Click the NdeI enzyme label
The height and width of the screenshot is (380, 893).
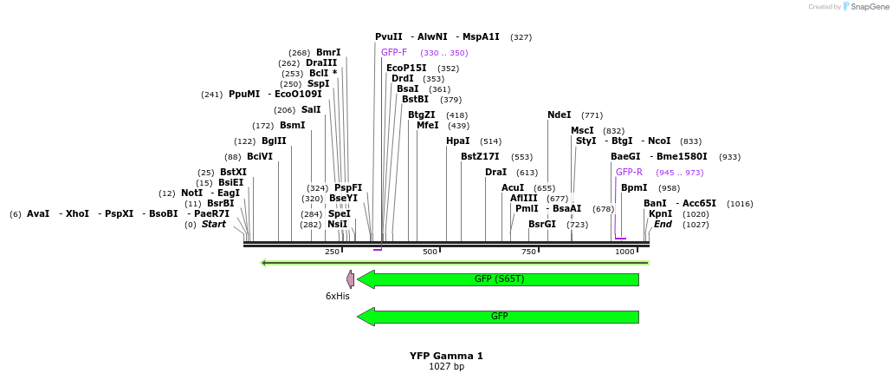click(560, 115)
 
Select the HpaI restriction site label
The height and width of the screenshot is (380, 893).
click(457, 141)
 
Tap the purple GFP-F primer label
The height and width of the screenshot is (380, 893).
click(394, 52)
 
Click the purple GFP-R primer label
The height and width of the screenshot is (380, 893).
click(629, 172)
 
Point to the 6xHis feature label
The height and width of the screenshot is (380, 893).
click(338, 296)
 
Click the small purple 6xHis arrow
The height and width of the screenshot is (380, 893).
click(350, 278)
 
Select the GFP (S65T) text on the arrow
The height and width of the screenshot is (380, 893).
click(499, 278)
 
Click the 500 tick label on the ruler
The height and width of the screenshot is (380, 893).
click(430, 252)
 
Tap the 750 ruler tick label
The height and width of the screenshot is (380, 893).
click(528, 252)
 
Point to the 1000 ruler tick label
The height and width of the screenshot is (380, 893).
click(624, 252)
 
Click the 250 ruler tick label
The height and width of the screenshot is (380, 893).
click(332, 252)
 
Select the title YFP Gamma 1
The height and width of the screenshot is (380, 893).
click(446, 356)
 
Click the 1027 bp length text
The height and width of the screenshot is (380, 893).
click(446, 366)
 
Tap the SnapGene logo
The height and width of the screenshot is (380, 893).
click(864, 6)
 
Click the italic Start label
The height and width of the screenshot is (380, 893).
click(213, 224)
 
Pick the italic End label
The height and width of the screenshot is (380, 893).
click(663, 224)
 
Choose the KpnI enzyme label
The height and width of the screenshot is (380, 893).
click(660, 213)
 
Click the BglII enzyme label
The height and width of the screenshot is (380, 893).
click(274, 141)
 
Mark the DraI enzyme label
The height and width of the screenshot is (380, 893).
click(495, 172)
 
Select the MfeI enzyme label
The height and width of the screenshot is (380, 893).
click(428, 125)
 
